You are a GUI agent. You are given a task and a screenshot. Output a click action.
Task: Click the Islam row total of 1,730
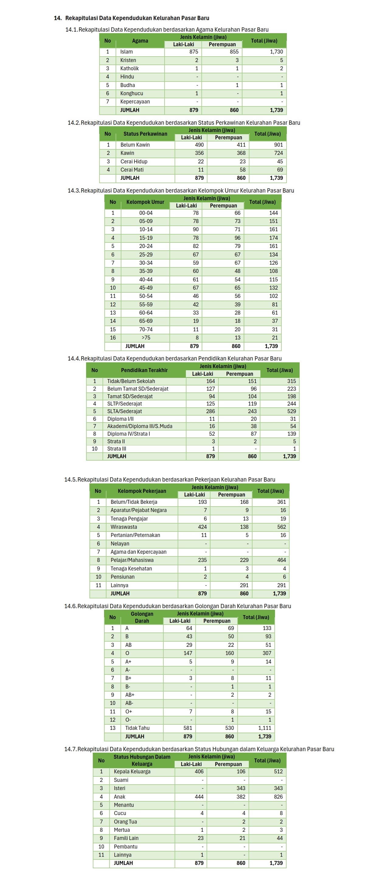point(276,52)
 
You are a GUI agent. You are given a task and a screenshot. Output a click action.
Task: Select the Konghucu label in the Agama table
point(131,93)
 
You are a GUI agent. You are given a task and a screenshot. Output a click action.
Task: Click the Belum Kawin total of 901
point(278,145)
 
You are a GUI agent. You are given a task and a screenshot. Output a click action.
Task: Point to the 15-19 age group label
point(146,238)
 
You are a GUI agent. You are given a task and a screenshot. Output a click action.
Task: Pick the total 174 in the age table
point(273,238)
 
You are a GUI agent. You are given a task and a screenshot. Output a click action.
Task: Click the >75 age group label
point(146,338)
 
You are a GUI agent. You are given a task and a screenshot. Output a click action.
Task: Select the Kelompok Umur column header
point(145,202)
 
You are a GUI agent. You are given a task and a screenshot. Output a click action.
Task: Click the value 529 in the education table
point(291,411)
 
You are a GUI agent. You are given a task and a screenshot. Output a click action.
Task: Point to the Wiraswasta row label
point(124,527)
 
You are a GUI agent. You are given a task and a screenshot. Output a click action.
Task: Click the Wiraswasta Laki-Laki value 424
point(202,527)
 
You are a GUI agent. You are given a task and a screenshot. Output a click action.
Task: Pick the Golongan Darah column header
point(142,617)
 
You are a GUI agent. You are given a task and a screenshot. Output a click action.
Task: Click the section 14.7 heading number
point(70,749)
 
